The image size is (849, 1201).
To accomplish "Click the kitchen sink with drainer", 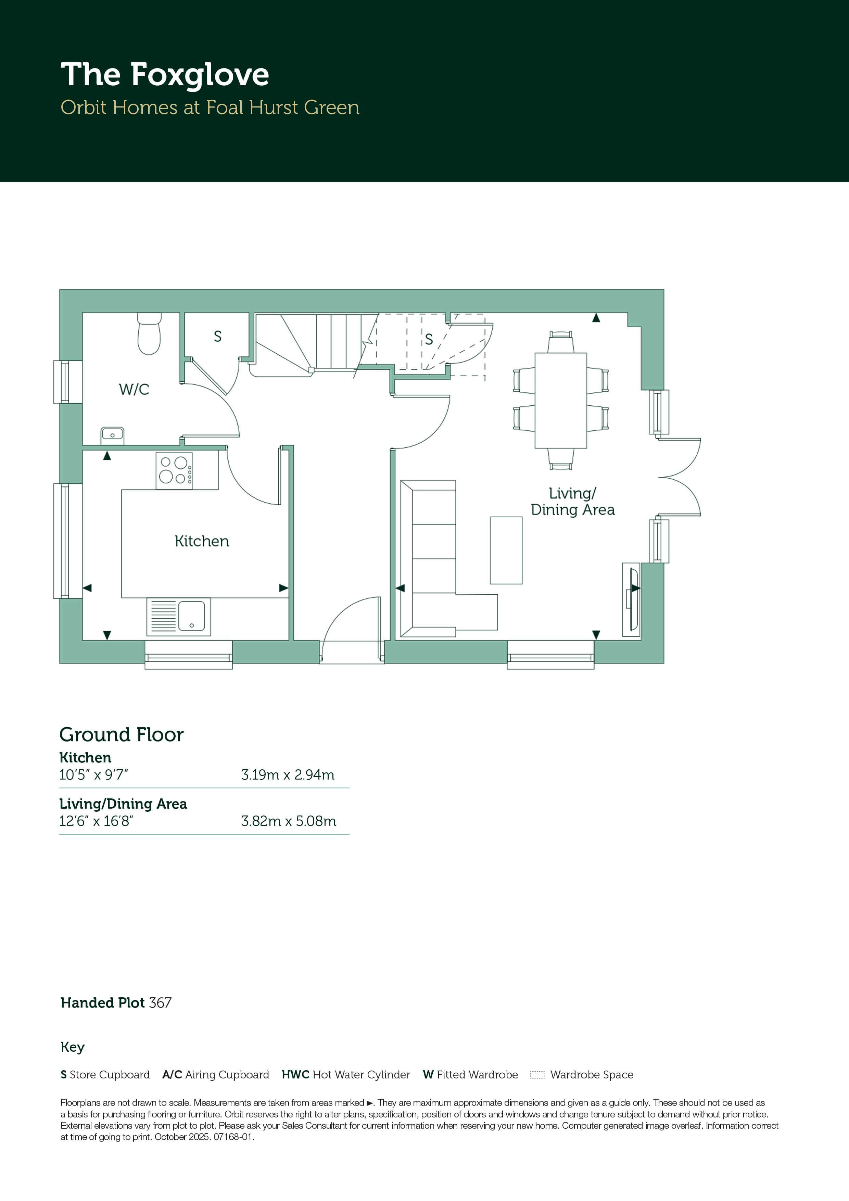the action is point(178,617).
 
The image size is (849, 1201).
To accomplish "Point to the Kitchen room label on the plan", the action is point(202,541).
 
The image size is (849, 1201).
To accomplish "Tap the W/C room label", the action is point(134,389).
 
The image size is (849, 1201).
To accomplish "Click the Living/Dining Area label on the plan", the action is point(573,502).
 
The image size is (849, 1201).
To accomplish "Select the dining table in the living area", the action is point(561,401).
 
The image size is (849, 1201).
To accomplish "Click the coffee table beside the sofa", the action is point(506,550).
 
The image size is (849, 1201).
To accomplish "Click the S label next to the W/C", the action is point(218,336).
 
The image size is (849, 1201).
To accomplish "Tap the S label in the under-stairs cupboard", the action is point(429,340).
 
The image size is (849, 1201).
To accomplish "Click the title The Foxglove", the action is point(165,75).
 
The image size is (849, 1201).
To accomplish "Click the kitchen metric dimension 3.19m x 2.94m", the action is point(288,775).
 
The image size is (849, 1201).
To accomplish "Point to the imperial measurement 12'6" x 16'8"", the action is point(96,821).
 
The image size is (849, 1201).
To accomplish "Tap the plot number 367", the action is point(160,1003).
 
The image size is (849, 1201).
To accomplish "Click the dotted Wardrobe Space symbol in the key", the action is point(537,1075).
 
